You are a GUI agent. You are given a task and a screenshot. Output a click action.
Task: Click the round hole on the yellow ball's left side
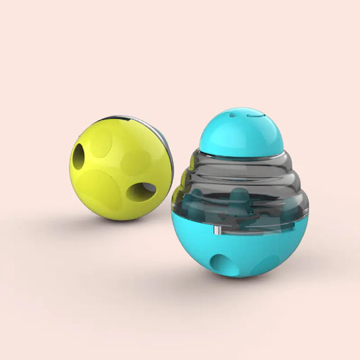pyautogui.click(x=79, y=157)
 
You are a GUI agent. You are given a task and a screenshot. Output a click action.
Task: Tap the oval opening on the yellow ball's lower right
pyautogui.click(x=143, y=191)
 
